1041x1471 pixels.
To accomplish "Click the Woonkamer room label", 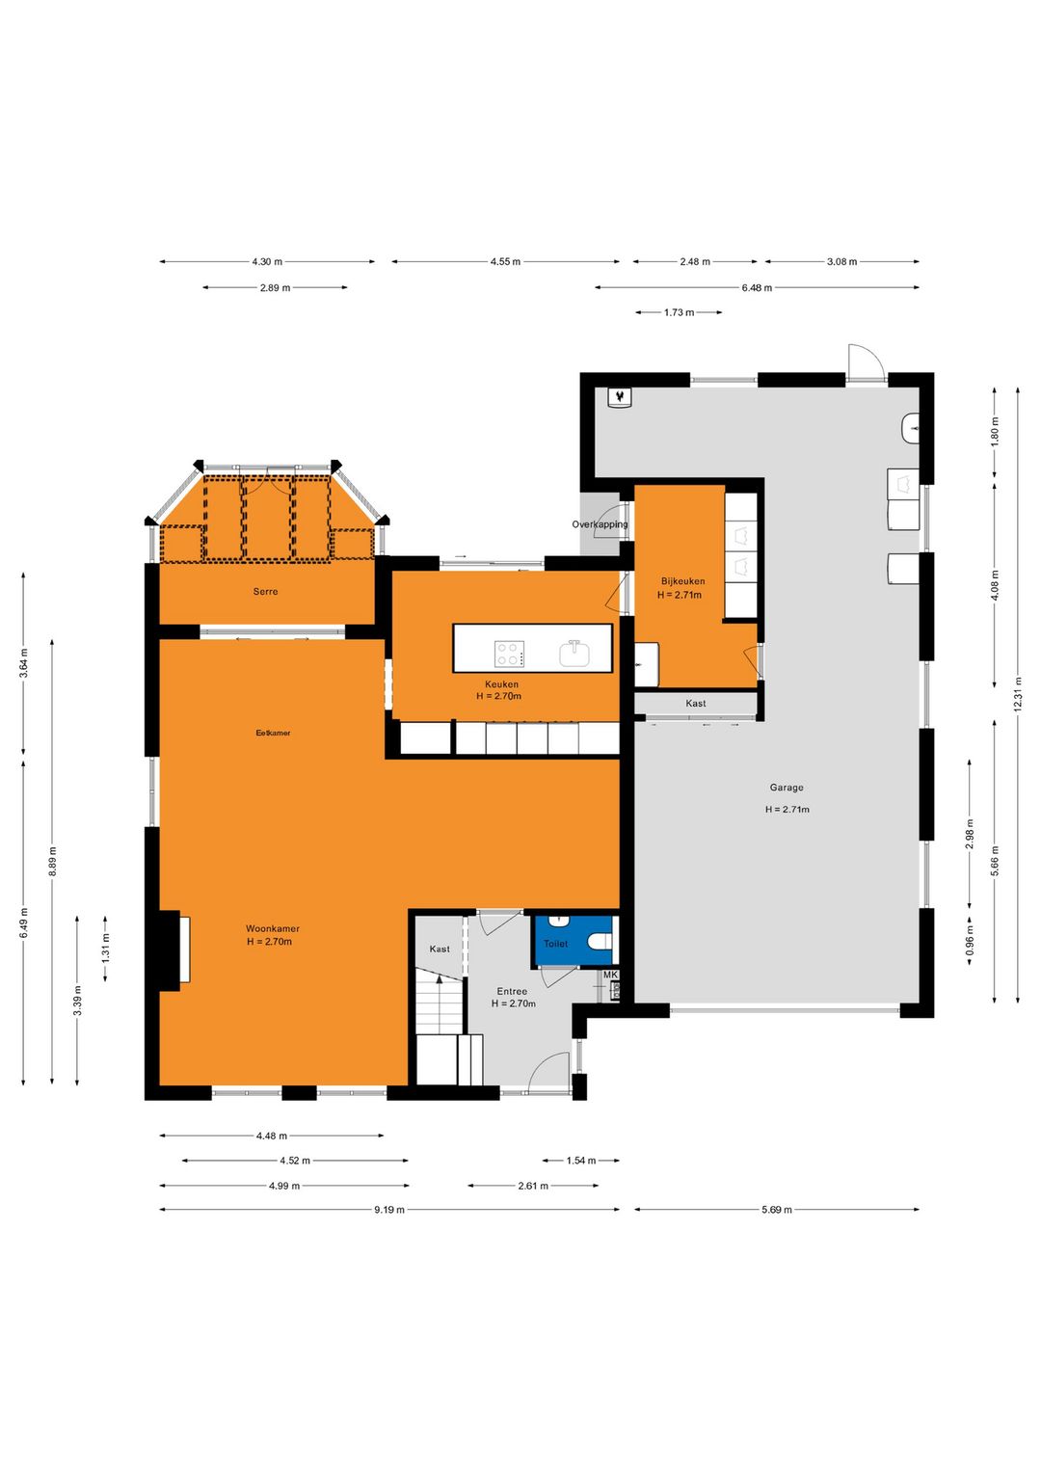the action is pyautogui.click(x=273, y=928).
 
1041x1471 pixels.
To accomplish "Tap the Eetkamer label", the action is pyautogui.click(x=273, y=733).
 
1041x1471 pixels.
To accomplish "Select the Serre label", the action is pyautogui.click(x=265, y=592).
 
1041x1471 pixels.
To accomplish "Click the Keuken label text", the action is pyautogui.click(x=501, y=684).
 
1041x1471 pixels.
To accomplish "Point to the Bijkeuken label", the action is pyautogui.click(x=682, y=581).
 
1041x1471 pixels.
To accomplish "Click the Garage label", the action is pyautogui.click(x=787, y=788).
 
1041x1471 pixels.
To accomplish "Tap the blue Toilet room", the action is pyautogui.click(x=574, y=940).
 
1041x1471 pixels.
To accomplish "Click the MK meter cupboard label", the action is pyautogui.click(x=610, y=976).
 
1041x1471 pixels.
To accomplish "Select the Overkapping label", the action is pyautogui.click(x=600, y=524).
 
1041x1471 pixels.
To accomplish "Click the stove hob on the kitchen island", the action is pyautogui.click(x=510, y=655).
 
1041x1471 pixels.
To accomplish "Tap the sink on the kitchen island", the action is pyautogui.click(x=574, y=655).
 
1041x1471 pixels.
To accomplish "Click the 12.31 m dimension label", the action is pyautogui.click(x=1018, y=694).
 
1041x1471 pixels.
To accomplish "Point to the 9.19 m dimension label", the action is pyautogui.click(x=389, y=1210).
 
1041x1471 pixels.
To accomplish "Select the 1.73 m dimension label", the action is pyautogui.click(x=680, y=312).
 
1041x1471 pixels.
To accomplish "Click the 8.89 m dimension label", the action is pyautogui.click(x=53, y=861).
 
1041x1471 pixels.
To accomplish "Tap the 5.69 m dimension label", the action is pyautogui.click(x=777, y=1210).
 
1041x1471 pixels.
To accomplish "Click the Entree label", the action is pyautogui.click(x=512, y=992).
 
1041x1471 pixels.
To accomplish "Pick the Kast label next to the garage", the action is pyautogui.click(x=696, y=704).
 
